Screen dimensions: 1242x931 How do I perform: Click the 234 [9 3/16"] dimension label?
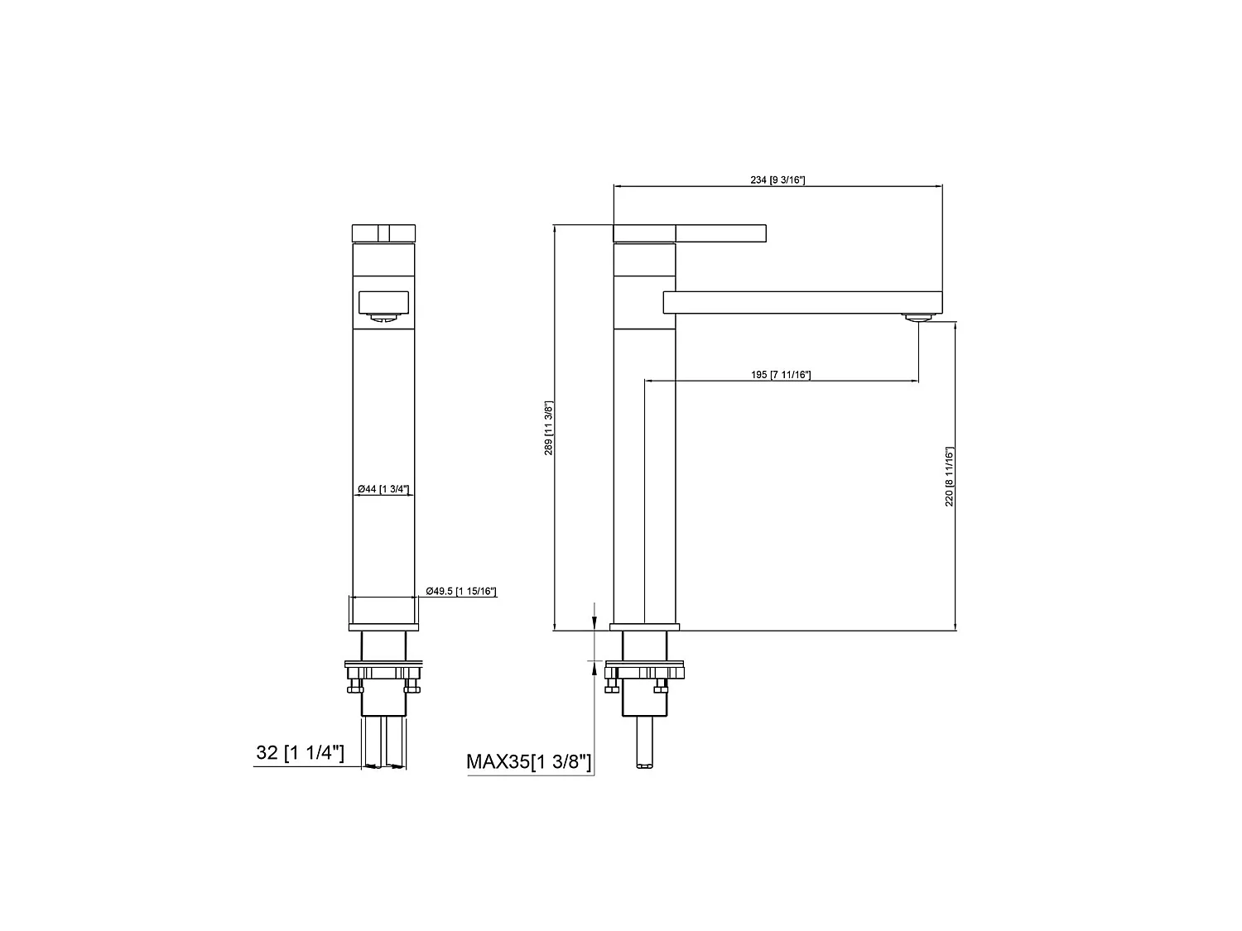coord(777,180)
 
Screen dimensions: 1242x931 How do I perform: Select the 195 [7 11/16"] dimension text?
coord(780,375)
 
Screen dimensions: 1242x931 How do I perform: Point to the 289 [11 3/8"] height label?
coord(548,428)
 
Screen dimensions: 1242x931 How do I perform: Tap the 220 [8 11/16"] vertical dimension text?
coord(949,476)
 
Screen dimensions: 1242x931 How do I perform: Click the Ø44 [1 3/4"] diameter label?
coord(383,489)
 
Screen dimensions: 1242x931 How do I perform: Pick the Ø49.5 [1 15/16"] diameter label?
coord(461,591)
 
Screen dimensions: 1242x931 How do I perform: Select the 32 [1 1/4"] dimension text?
coord(300,752)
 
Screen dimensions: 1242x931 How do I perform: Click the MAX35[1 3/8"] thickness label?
coord(528,761)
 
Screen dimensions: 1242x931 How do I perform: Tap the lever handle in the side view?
coord(720,233)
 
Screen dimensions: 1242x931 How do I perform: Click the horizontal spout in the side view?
coord(802,302)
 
